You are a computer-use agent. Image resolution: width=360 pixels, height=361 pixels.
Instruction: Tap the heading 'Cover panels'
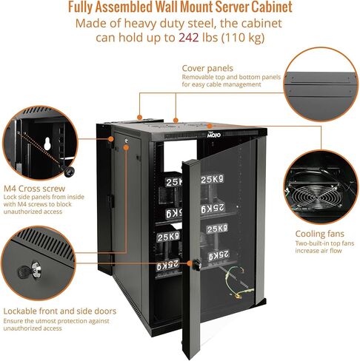click(x=207, y=68)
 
